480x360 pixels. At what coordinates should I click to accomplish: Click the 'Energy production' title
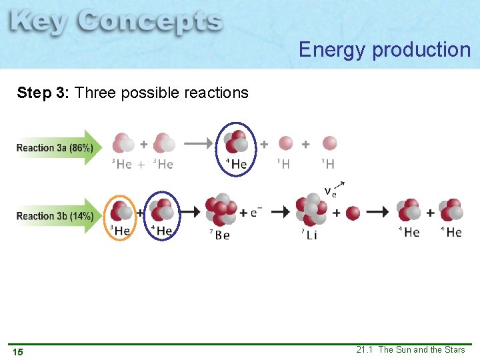(385, 49)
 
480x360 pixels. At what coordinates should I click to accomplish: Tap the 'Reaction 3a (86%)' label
(55, 147)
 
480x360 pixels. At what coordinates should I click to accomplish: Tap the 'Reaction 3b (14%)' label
(55, 215)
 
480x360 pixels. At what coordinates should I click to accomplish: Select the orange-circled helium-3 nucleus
(121, 213)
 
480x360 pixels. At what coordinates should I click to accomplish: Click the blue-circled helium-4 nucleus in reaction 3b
(161, 213)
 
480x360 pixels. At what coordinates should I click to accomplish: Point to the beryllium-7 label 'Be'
(223, 235)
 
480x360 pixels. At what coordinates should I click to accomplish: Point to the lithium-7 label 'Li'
(312, 235)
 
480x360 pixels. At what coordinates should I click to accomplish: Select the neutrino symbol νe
(331, 192)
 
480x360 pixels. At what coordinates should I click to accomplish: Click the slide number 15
(17, 351)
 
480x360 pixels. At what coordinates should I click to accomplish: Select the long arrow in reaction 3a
(198, 143)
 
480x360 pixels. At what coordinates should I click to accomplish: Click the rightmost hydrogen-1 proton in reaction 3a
(329, 143)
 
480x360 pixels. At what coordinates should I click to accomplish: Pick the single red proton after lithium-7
(353, 213)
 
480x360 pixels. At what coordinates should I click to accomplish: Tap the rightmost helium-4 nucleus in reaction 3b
(451, 211)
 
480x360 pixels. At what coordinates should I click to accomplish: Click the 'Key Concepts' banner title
(117, 23)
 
